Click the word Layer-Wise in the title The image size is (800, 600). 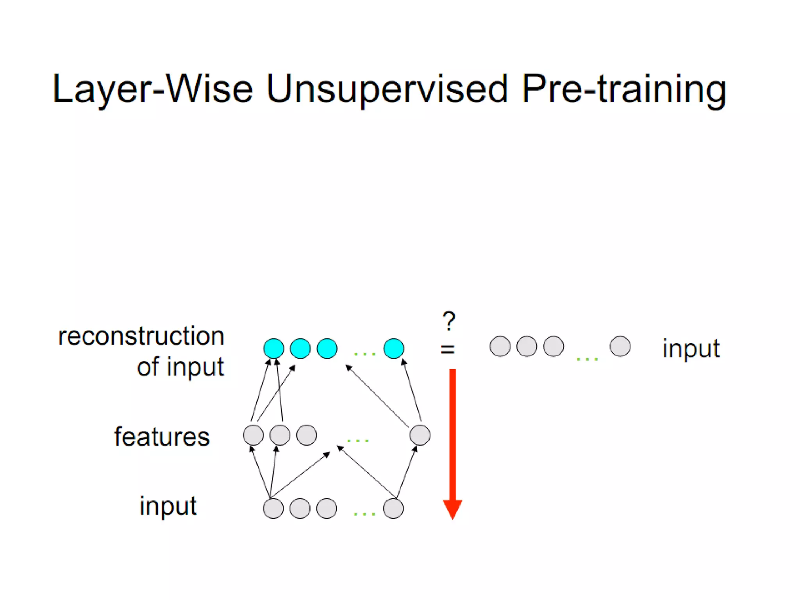(152, 89)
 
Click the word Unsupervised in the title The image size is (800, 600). (387, 89)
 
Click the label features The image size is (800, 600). (162, 436)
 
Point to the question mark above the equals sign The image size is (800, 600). (449, 321)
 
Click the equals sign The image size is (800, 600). (448, 349)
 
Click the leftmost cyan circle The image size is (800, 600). (273, 348)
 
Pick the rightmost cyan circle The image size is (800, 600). (393, 348)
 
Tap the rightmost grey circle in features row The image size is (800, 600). (420, 435)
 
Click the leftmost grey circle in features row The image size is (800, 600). (253, 435)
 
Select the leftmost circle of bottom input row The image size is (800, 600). (273, 508)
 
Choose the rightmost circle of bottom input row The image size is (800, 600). (393, 508)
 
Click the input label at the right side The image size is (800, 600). (691, 348)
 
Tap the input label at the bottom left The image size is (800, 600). (168, 506)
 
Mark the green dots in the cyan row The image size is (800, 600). (364, 354)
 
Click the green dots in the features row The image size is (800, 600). (357, 441)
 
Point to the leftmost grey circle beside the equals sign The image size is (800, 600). (500, 346)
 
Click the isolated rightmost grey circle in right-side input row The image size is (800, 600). (620, 346)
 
